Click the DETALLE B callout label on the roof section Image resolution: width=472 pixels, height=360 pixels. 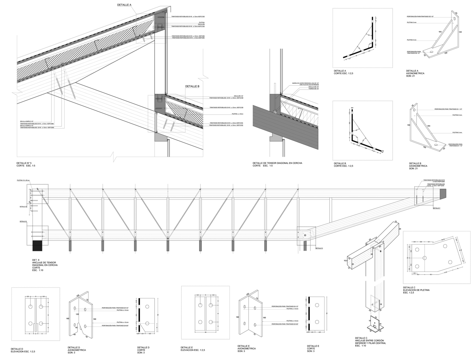(192, 86)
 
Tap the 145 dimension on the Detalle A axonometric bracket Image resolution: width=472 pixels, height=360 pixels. (460, 32)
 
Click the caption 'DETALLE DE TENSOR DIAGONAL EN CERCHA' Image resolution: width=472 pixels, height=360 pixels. (277, 163)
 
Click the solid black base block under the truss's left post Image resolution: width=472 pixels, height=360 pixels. (37, 246)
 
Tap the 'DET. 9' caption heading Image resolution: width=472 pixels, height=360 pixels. (36, 260)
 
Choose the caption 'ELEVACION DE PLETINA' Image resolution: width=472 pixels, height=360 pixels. (416, 290)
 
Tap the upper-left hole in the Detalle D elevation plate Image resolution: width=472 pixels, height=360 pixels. (30, 306)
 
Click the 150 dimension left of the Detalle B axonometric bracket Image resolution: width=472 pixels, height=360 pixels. (408, 125)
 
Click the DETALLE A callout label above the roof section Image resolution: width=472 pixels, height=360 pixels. (124, 5)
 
